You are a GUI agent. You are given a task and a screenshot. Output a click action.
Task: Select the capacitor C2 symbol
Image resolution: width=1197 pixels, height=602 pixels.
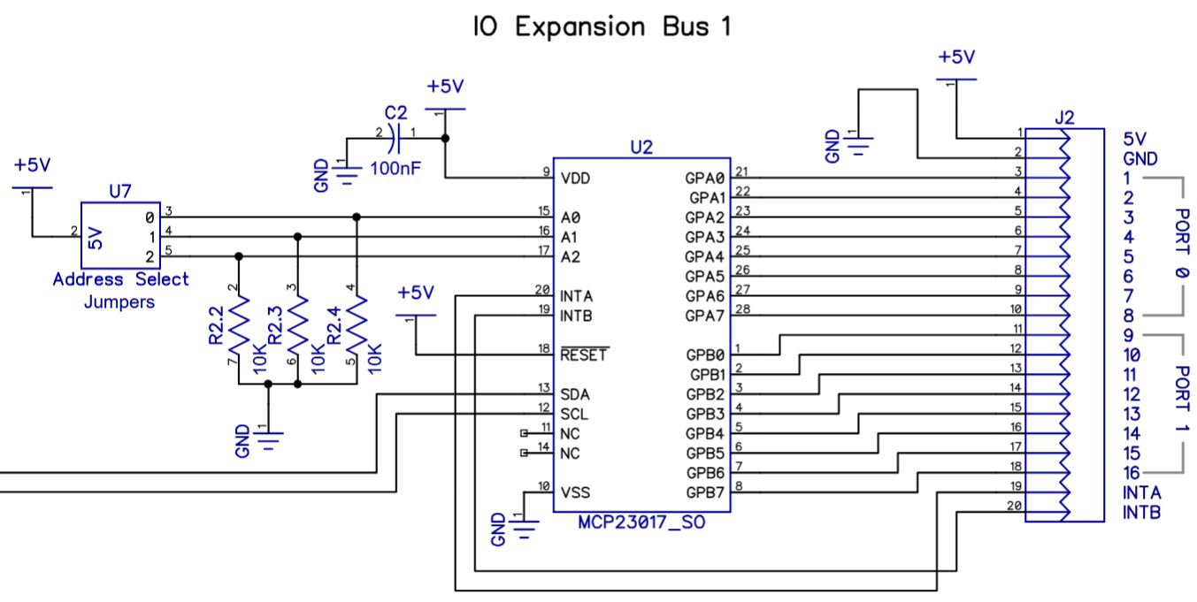(397, 138)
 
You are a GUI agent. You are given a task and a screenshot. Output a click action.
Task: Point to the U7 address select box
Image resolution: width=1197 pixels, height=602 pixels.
(120, 235)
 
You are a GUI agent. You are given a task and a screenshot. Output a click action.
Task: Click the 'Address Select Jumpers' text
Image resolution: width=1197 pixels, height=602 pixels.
(120, 291)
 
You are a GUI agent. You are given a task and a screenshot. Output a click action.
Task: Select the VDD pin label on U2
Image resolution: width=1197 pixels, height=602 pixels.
(575, 179)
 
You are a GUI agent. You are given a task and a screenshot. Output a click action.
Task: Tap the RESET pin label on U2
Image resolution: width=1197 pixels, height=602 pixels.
(583, 355)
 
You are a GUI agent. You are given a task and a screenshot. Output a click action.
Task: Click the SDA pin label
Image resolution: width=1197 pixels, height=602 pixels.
(575, 394)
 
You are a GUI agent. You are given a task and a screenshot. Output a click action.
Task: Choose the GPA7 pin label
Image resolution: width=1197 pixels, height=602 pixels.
(704, 316)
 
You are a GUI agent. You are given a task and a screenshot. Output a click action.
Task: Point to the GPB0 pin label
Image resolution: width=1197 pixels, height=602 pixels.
(704, 355)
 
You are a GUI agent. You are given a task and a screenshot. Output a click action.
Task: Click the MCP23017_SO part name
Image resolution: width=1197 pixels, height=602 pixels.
(641, 523)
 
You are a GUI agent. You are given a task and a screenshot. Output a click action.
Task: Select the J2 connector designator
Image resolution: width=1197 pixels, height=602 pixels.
(1065, 117)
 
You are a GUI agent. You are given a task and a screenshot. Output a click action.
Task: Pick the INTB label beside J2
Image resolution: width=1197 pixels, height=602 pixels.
(1142, 512)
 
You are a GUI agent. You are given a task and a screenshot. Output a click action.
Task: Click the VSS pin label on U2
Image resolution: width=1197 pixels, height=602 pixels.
(575, 492)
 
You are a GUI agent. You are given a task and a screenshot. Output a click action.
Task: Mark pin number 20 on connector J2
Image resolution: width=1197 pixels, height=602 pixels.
(1015, 506)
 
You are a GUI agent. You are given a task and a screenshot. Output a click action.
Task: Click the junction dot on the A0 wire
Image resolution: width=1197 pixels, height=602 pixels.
(356, 217)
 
